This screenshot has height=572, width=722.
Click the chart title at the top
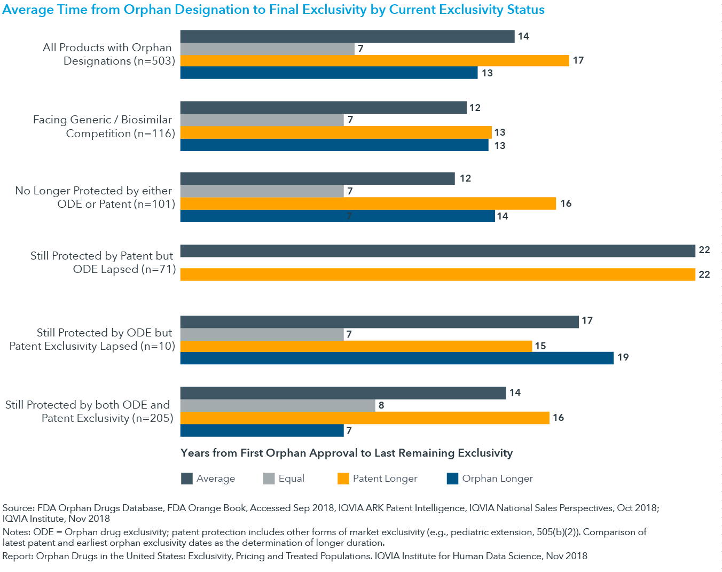pyautogui.click(x=273, y=10)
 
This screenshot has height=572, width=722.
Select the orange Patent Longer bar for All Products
pyautogui.click(x=374, y=60)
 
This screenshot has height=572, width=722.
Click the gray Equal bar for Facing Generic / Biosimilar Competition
pyautogui.click(x=262, y=120)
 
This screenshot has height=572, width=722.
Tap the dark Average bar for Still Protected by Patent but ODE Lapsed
pyautogui.click(x=437, y=250)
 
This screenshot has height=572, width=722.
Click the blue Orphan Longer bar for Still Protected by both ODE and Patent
pyautogui.click(x=262, y=430)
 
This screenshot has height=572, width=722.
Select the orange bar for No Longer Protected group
pyautogui.click(x=368, y=203)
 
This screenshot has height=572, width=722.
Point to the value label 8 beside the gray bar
pyautogui.click(x=381, y=405)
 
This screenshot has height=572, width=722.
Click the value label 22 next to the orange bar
pyautogui.click(x=704, y=275)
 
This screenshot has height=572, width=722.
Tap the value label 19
pyautogui.click(x=623, y=357)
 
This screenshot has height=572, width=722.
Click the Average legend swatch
pyautogui.click(x=187, y=479)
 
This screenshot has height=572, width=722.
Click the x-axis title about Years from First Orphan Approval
pyautogui.click(x=347, y=453)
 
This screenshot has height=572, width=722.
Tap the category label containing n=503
pyautogui.click(x=108, y=54)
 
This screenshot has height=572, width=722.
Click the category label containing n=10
pyautogui.click(x=92, y=339)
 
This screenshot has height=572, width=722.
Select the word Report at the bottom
pyautogui.click(x=17, y=556)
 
